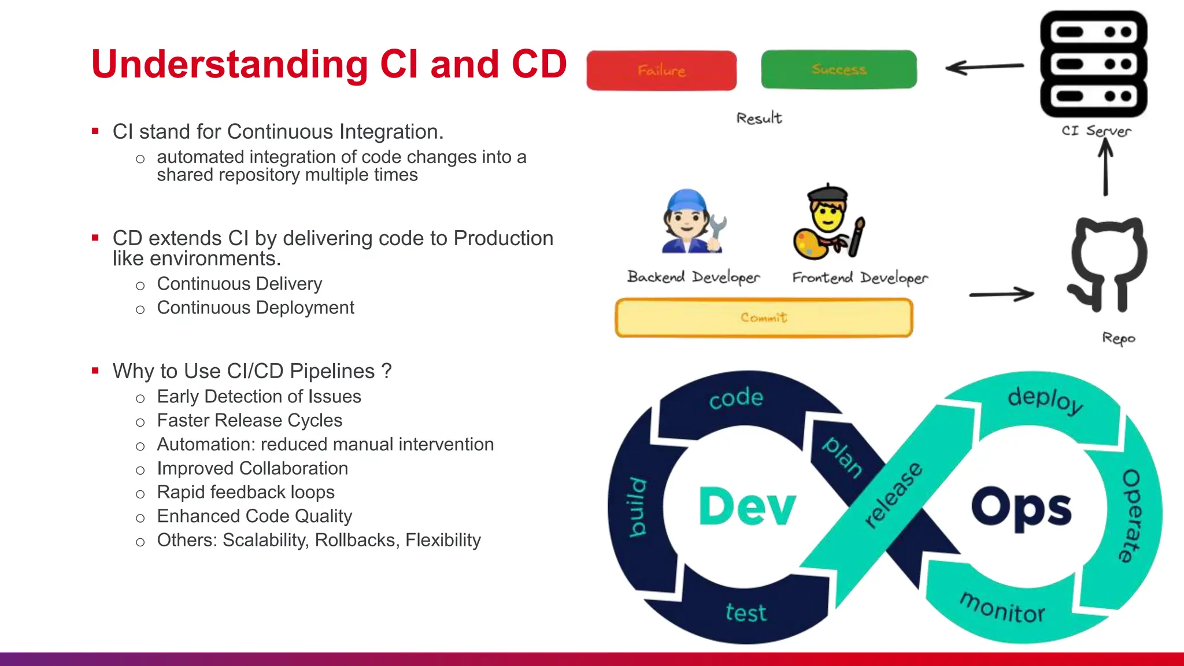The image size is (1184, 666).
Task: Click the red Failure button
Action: [661, 70]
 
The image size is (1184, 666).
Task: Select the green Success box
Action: [839, 69]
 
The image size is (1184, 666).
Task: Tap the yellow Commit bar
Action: [764, 317]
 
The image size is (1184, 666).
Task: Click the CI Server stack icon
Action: [1093, 64]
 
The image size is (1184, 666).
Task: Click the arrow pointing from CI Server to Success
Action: [984, 67]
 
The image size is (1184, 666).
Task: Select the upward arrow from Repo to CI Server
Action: [1105, 168]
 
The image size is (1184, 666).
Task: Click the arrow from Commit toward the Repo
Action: [1002, 294]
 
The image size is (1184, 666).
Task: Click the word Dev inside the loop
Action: [747, 506]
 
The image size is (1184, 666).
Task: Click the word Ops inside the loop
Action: [1021, 508]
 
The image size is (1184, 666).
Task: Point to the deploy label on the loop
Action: [1045, 399]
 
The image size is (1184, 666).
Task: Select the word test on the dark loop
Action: [746, 612]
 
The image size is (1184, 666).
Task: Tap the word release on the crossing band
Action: [893, 495]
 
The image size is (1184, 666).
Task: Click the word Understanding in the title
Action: [230, 65]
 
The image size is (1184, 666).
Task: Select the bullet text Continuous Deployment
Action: [256, 308]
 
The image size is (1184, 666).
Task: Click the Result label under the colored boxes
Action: [758, 118]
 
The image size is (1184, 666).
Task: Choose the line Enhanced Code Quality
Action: [254, 516]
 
